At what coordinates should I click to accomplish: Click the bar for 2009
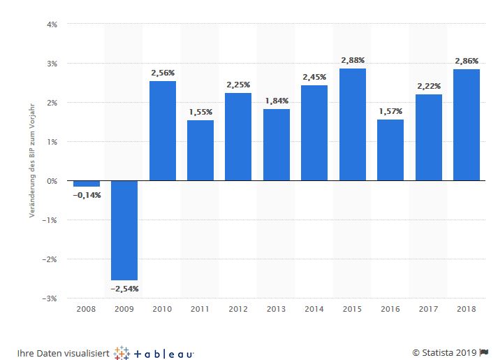(124, 230)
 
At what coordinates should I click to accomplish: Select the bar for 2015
(352, 124)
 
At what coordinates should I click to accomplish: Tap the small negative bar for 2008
(87, 184)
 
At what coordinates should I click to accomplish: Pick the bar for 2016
(390, 150)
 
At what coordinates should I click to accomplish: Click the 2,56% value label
(163, 72)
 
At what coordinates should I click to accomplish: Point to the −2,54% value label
(124, 289)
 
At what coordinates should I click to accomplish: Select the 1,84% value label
(277, 100)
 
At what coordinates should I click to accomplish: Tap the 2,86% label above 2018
(466, 60)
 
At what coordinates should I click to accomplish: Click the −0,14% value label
(87, 195)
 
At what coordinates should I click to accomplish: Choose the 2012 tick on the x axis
(238, 308)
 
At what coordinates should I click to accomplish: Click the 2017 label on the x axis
(428, 308)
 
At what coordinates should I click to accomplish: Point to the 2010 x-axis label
(162, 308)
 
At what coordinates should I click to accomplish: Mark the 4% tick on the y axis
(52, 24)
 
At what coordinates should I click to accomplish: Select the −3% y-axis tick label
(50, 298)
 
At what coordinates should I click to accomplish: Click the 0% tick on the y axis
(52, 181)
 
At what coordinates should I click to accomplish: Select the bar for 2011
(200, 150)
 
